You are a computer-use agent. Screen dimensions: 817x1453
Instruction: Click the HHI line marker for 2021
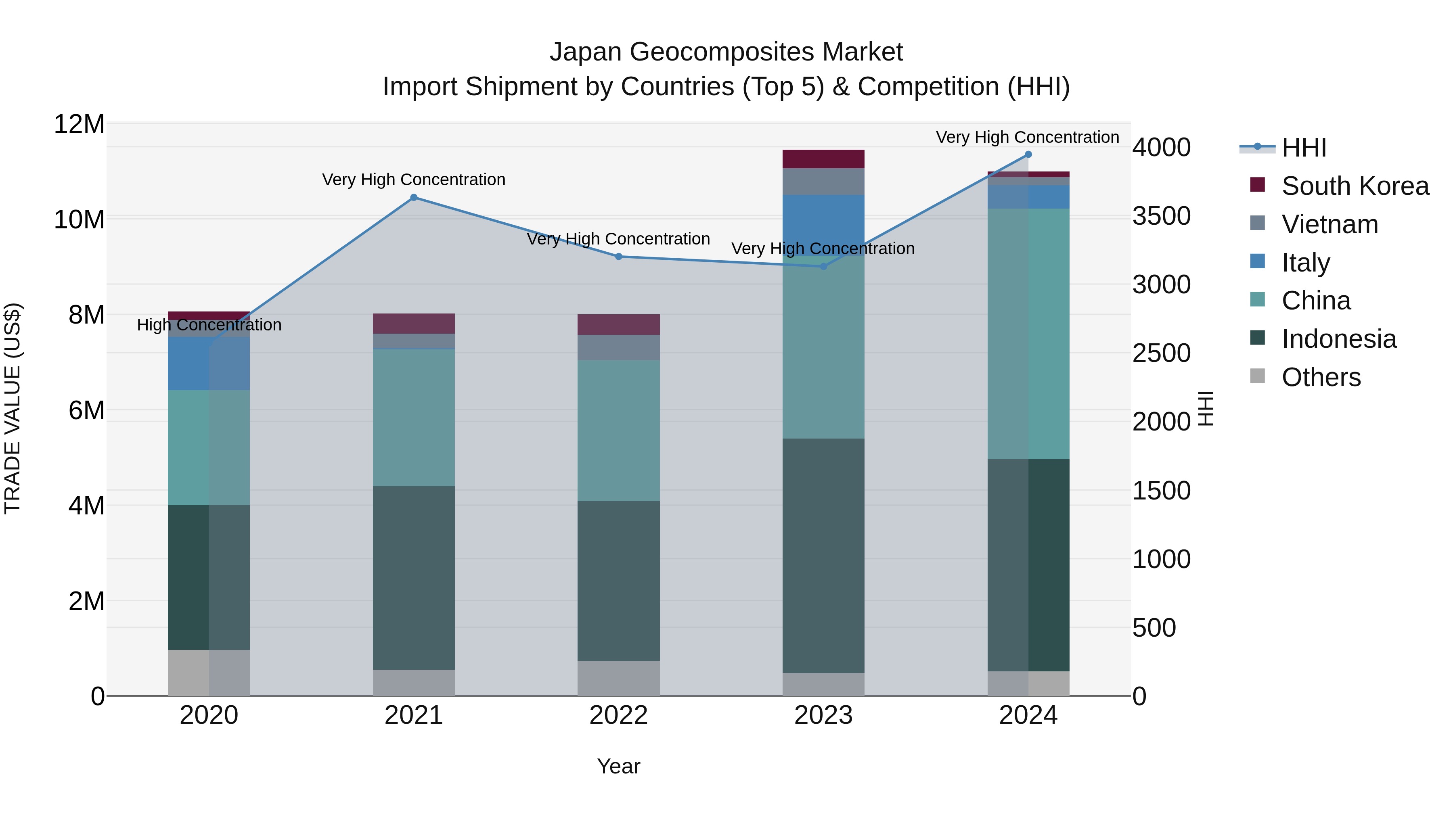pyautogui.click(x=413, y=197)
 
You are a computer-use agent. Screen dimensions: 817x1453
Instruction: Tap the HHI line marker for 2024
pyautogui.click(x=1028, y=155)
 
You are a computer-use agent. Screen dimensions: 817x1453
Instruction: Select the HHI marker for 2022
pyautogui.click(x=618, y=257)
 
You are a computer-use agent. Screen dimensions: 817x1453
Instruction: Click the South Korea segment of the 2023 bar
pyautogui.click(x=823, y=159)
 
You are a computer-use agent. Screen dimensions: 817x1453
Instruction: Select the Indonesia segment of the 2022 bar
pyautogui.click(x=618, y=581)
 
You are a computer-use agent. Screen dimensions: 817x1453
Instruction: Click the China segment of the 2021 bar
pyautogui.click(x=413, y=417)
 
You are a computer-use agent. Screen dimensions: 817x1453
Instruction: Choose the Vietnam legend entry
pyautogui.click(x=1329, y=224)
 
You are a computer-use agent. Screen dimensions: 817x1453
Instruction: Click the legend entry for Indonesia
pyautogui.click(x=1338, y=339)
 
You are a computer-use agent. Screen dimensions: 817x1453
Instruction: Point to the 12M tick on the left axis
pyautogui.click(x=79, y=124)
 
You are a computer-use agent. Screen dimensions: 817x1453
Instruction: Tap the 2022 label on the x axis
pyautogui.click(x=618, y=715)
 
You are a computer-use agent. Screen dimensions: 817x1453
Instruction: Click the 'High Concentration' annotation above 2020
pyautogui.click(x=209, y=325)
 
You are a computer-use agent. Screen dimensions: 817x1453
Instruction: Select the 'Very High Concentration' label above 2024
pyautogui.click(x=1027, y=137)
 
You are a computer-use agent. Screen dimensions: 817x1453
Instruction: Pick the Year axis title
pyautogui.click(x=618, y=766)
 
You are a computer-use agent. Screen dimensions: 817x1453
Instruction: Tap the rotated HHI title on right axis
pyautogui.click(x=1205, y=408)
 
